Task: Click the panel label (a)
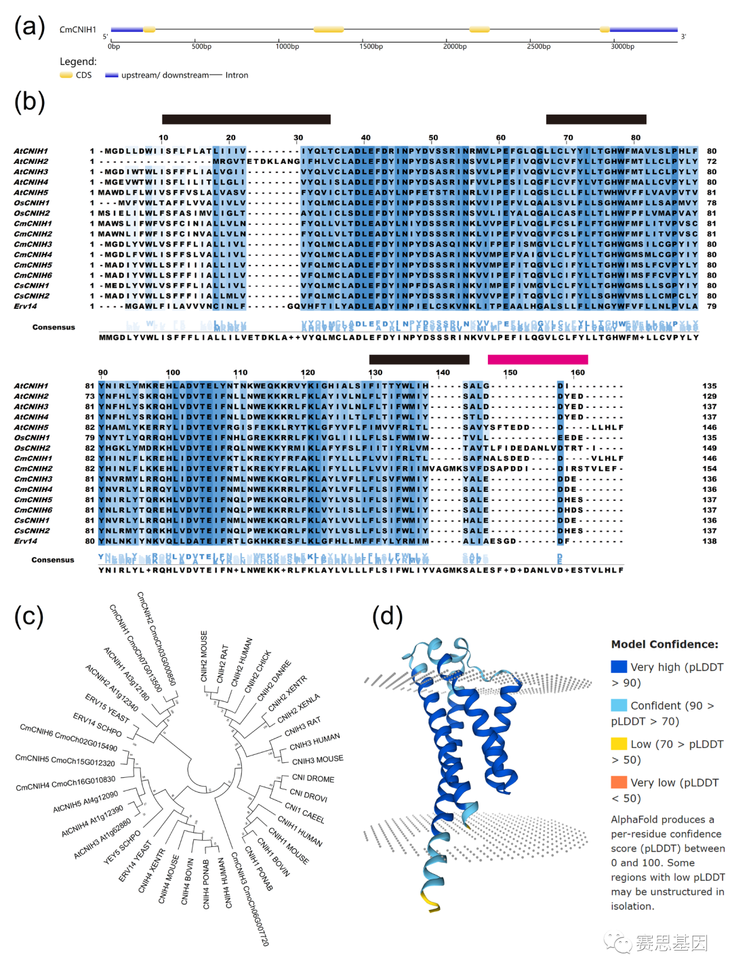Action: point(30,27)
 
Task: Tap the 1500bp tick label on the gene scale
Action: point(371,47)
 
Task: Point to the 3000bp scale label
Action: point(622,47)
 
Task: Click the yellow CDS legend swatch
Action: point(66,75)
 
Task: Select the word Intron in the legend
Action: point(237,75)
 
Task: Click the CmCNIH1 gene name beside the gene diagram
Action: point(78,30)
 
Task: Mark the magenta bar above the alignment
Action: point(537,359)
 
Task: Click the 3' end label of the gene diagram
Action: point(683,37)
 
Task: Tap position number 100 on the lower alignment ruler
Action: point(173,373)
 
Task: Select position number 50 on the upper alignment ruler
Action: point(433,138)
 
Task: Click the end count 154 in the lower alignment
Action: point(709,469)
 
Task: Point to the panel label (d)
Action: point(388,616)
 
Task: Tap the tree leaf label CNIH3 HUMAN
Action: point(314,742)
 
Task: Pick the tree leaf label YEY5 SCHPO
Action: point(122,847)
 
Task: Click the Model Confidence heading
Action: point(664,644)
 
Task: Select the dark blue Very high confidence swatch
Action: point(619,667)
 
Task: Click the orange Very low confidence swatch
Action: point(619,783)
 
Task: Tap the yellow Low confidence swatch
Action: point(619,744)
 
